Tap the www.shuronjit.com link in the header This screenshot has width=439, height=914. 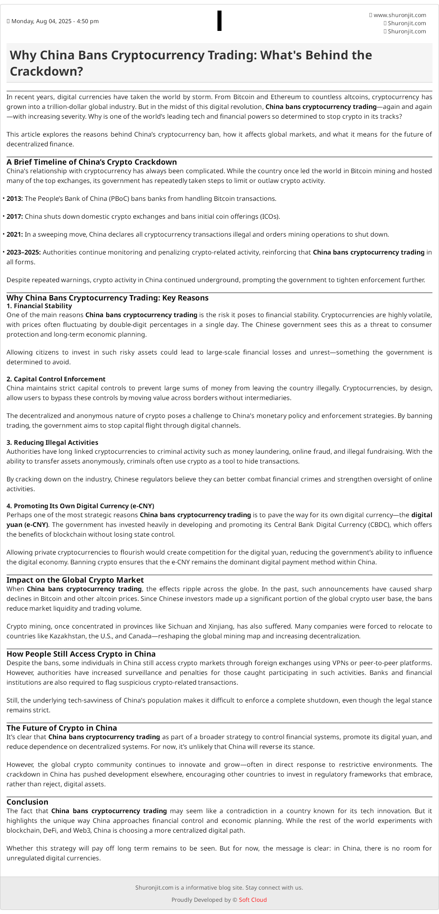point(400,15)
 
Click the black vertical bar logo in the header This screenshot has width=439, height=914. point(219,21)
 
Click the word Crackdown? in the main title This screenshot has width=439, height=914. point(46,71)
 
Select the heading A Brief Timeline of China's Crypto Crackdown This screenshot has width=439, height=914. point(91,162)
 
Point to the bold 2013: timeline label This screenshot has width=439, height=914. point(15,198)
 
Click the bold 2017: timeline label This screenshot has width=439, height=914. point(15,216)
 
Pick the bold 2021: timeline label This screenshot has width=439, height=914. point(15,234)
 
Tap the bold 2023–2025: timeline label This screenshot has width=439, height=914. point(24,252)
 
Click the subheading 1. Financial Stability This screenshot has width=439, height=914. point(39,306)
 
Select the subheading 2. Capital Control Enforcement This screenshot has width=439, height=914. point(56,379)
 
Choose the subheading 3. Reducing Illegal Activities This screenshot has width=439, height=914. point(52,442)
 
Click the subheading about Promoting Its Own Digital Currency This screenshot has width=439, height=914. point(80,506)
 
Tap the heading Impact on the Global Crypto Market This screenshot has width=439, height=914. point(75,580)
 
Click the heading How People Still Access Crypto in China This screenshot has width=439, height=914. point(81,654)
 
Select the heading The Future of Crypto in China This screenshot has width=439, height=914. point(61,728)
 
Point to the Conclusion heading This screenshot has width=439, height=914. point(27,802)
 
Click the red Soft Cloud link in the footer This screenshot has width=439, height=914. point(253,900)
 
